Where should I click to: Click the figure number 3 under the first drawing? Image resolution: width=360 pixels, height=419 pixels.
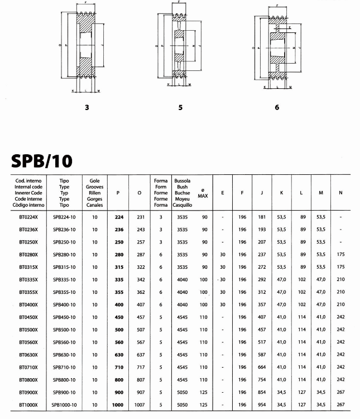coord(87,107)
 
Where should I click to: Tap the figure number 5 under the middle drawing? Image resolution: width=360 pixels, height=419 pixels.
coord(180,107)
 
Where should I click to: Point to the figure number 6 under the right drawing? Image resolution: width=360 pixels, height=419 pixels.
coord(277,107)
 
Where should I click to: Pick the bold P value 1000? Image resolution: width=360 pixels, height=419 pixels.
coord(118,404)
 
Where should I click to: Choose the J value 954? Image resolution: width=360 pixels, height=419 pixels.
coord(262,404)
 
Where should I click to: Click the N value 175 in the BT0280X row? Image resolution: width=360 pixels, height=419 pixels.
coord(340,254)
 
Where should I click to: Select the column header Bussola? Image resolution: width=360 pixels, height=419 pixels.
coord(183,181)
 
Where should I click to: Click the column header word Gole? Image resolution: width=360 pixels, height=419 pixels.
coord(95,181)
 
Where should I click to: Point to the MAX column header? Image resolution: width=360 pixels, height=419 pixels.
coord(203,196)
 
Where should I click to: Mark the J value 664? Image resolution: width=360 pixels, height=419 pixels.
coord(262,366)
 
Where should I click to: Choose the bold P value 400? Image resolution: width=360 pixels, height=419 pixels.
coord(118,304)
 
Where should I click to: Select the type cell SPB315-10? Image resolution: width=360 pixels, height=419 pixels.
coord(64,266)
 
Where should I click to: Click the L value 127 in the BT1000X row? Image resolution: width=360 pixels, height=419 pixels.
coord(302,404)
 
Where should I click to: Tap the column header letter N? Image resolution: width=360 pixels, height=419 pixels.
coord(340,193)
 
